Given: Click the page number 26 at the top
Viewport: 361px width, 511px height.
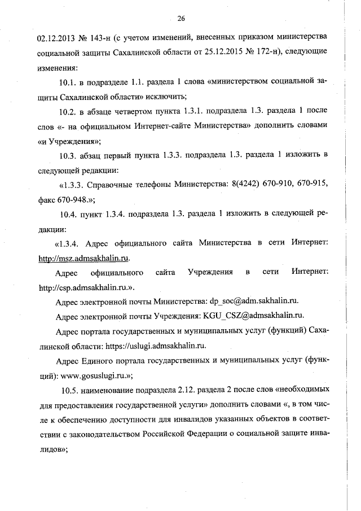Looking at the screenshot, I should (x=181, y=19).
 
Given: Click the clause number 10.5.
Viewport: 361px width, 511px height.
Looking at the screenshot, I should (x=72, y=391).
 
